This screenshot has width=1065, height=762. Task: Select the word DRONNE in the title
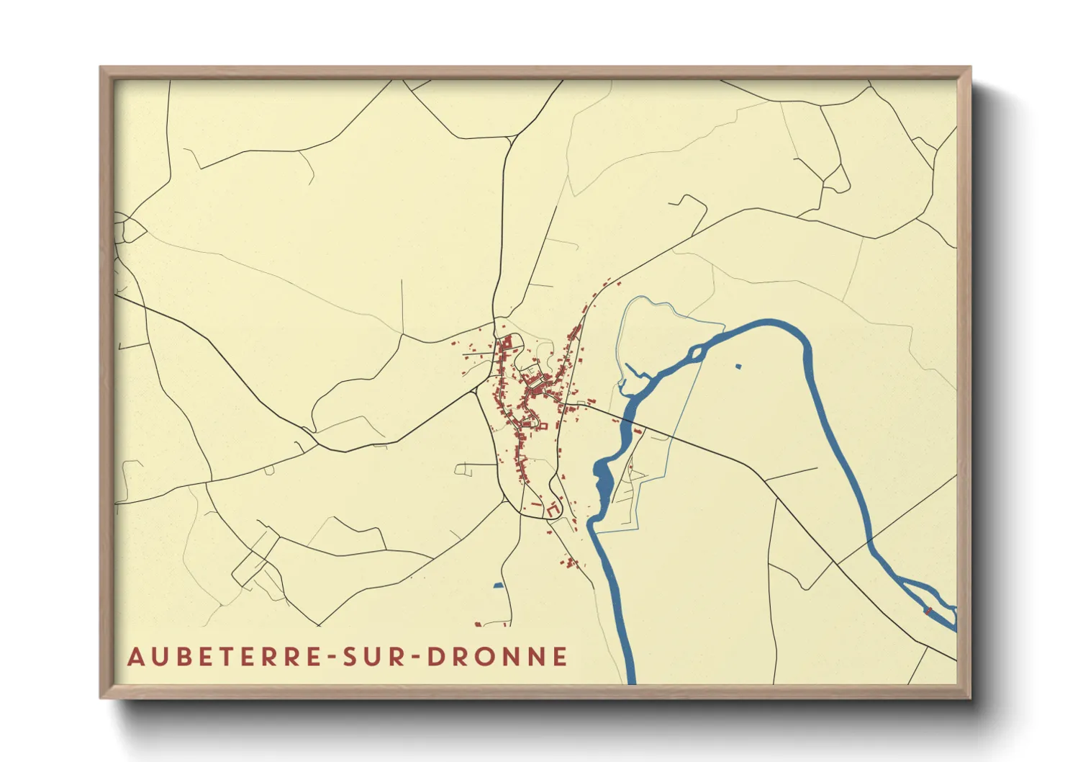pos(497,657)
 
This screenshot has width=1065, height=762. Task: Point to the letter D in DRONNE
pos(435,657)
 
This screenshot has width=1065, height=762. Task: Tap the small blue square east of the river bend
pos(738,367)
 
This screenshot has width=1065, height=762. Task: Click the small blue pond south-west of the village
pos(498,586)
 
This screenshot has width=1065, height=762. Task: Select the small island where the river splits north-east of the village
pos(696,354)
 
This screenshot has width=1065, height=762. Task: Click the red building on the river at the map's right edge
pos(928,611)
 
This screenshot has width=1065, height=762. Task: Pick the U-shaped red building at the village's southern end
pos(552,509)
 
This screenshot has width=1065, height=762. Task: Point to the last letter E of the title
pos(561,657)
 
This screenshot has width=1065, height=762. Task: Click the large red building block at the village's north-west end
pos(507,349)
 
